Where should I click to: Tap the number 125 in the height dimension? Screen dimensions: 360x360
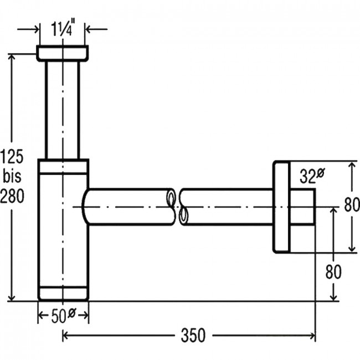coord(12,156)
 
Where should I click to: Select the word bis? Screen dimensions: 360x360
coord(12,176)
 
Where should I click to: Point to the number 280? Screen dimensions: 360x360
coord(12,196)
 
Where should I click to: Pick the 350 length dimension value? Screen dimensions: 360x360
coord(193,336)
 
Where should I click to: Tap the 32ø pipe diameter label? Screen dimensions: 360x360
coord(312,176)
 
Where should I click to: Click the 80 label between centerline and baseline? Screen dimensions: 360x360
coord(333,272)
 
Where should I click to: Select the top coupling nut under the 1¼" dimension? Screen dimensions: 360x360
coord(63,54)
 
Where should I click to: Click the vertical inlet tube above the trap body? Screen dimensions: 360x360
coord(63,110)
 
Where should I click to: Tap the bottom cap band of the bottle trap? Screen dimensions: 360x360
coord(63,293)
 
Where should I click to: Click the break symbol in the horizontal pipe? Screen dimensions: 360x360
coord(177,207)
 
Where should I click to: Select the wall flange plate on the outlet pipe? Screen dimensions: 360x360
coord(281,207)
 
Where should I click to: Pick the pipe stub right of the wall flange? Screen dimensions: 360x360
coord(302,207)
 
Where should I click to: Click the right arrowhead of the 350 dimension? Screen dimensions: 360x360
coord(312,336)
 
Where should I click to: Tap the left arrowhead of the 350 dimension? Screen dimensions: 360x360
coord(65,336)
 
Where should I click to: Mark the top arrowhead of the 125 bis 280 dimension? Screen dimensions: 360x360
coord(12,57)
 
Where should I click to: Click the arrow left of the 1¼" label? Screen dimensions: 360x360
coord(28,29)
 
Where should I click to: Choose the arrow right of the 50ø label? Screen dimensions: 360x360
coord(83,315)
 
